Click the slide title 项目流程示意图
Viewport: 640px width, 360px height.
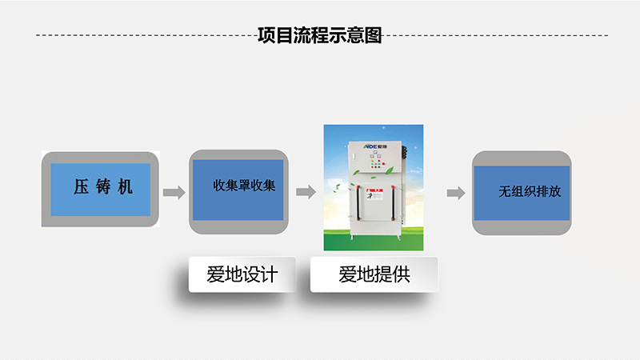click(x=320, y=35)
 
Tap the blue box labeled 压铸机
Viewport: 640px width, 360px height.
click(x=100, y=190)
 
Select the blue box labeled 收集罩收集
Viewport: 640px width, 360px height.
click(x=237, y=189)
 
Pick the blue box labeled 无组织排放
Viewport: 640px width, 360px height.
click(x=522, y=193)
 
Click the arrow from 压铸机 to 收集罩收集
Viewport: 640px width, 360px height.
click(x=174, y=192)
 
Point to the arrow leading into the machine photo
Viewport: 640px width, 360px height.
click(x=306, y=192)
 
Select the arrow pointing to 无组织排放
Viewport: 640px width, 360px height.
click(x=455, y=193)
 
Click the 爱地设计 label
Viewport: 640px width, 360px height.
click(x=242, y=274)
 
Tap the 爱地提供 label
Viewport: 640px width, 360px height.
click(x=374, y=274)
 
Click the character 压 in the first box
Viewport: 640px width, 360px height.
click(x=81, y=189)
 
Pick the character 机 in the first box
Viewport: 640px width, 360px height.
click(x=121, y=189)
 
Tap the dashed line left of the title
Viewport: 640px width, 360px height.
click(x=144, y=35)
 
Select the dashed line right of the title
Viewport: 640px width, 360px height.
click(x=496, y=35)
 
